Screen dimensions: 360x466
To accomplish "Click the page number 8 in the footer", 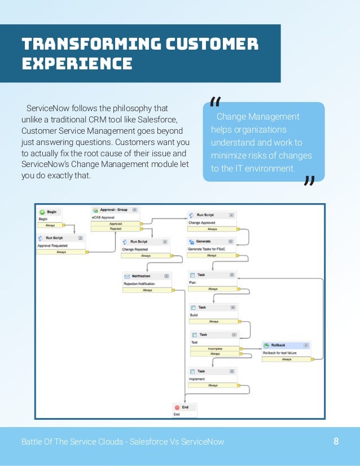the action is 336,441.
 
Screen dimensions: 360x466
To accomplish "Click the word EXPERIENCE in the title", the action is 77,62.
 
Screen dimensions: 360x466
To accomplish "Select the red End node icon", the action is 177,407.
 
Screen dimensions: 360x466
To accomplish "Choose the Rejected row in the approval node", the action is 116,228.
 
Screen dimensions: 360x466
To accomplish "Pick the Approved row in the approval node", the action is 116,223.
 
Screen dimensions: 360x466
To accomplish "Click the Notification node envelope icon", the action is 127,276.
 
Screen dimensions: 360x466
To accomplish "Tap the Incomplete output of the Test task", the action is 214,349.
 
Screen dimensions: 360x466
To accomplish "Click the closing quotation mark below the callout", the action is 309,181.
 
